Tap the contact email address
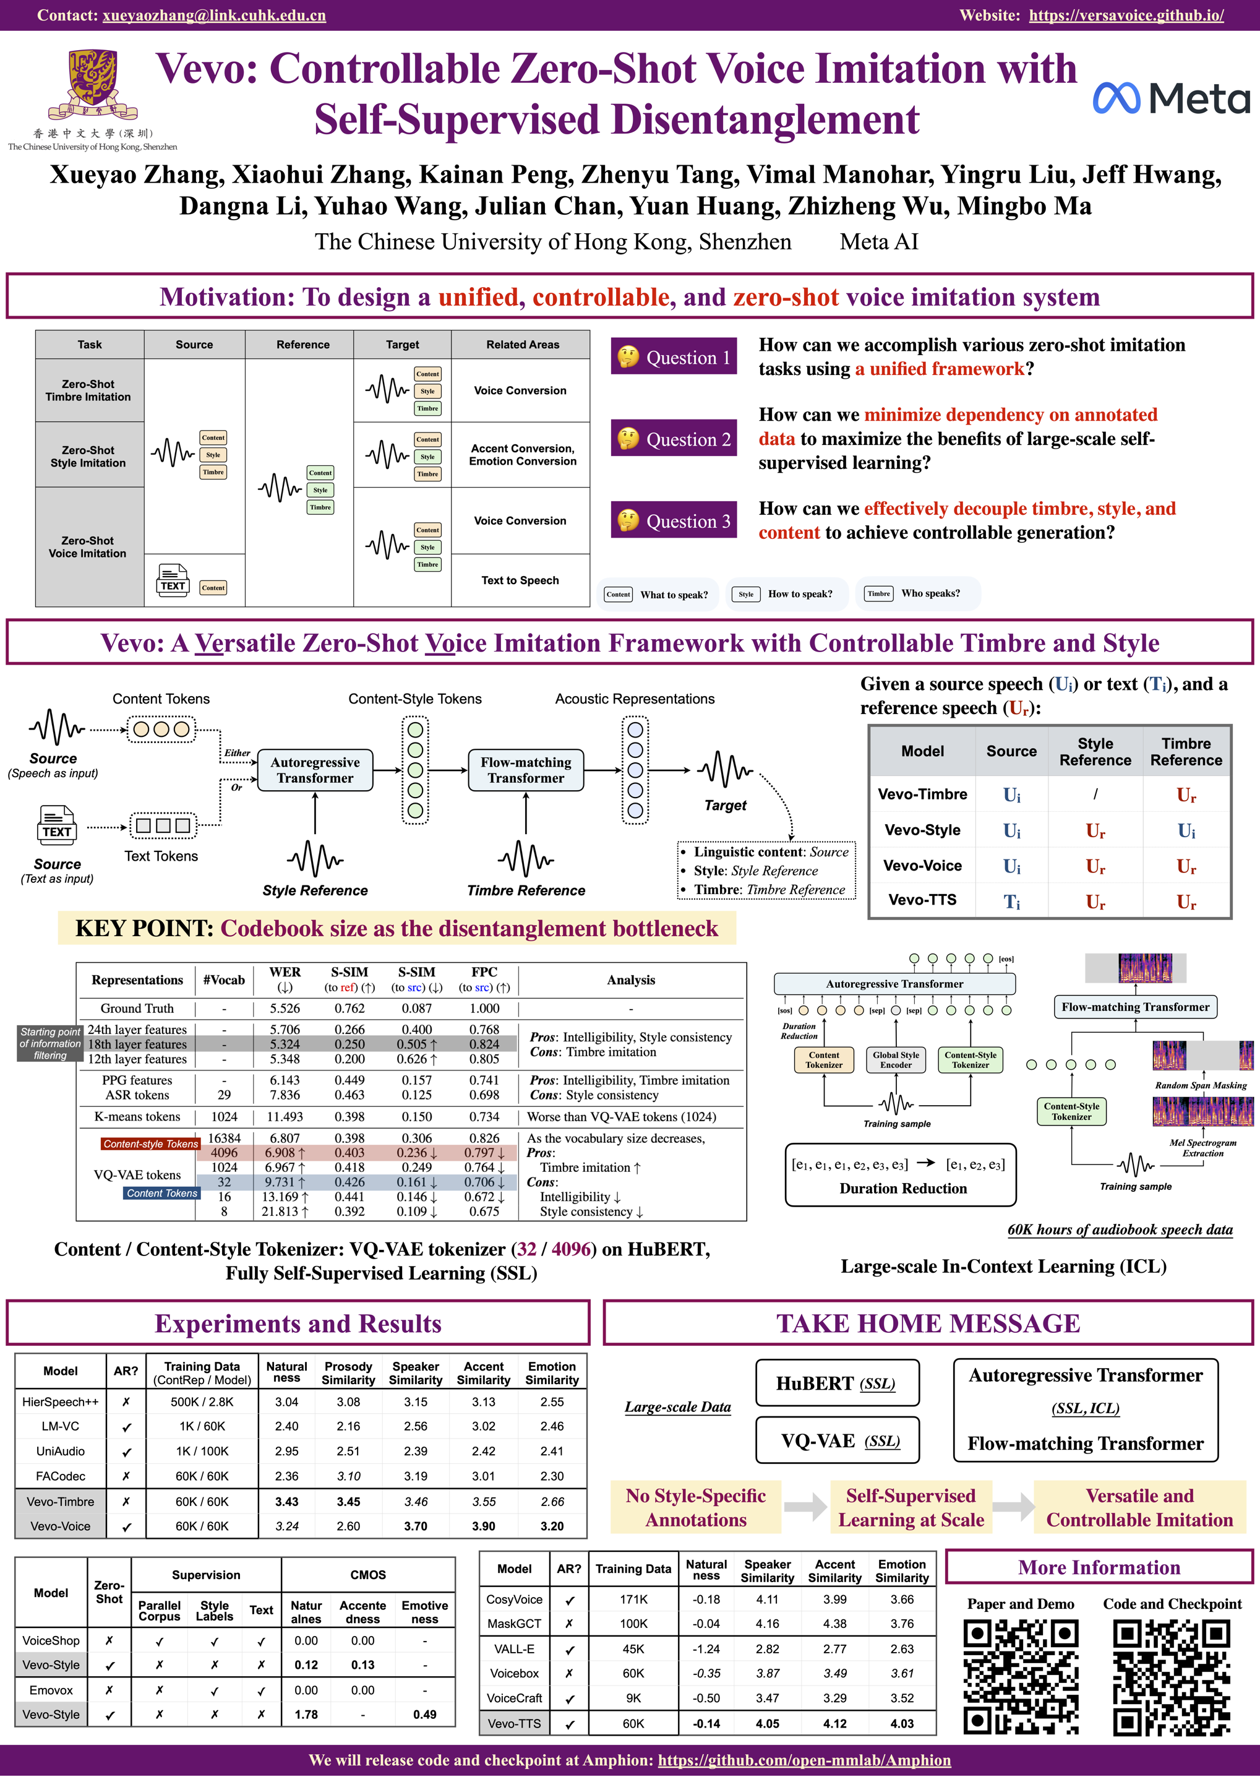213,15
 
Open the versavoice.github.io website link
1126,15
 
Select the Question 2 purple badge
672,439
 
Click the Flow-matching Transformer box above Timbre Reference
525,770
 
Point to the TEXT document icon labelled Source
57,824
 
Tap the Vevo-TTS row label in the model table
922,900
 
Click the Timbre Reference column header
1186,751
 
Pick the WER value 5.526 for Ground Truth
285,1008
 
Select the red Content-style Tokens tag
150,1143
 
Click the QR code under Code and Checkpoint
1172,1677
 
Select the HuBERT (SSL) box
836,1383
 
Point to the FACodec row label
61,1476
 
